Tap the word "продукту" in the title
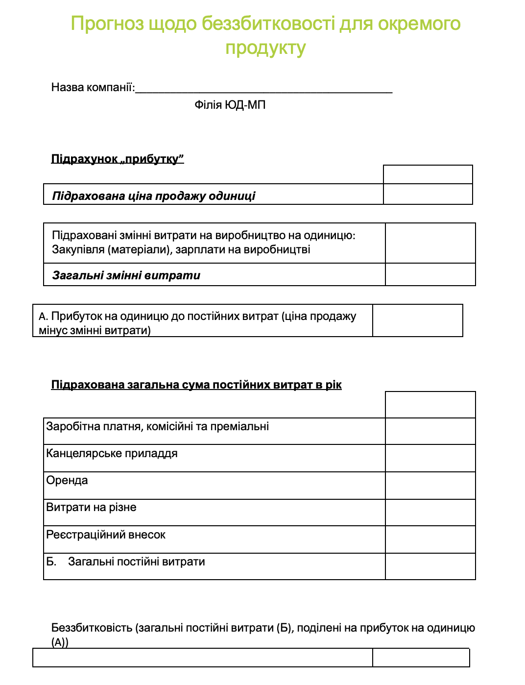pos(265,48)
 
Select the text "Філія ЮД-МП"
pos(230,105)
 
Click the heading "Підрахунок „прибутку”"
pos(118,159)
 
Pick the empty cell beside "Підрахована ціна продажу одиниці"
pos(428,194)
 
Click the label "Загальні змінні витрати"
pos(126,275)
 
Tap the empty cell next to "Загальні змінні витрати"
pos(430,274)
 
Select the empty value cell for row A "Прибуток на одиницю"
pos(417,320)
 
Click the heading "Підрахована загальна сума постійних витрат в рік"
pos(196,385)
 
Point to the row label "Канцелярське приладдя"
pos(112,453)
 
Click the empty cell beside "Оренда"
pos(430,486)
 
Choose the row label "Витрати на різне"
pos(91,507)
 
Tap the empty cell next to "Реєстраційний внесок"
pos(430,539)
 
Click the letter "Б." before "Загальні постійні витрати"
pos(51,562)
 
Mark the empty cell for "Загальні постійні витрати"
pos(430,566)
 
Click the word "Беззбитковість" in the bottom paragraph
pos(92,628)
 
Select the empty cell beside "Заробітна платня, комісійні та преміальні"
pos(430,431)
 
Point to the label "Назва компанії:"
pos(93,87)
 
